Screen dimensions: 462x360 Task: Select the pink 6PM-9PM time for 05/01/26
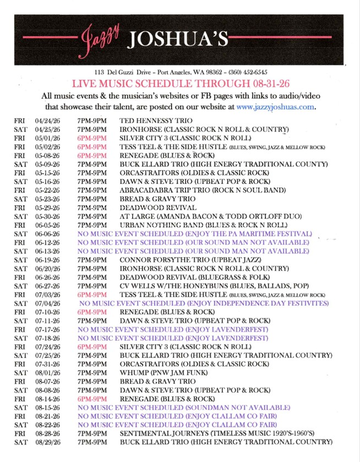[92, 137]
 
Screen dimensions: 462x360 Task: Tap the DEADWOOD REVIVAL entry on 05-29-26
[158, 207]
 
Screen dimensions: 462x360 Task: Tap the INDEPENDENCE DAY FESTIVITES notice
[204, 304]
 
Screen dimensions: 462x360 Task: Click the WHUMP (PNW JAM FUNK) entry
[163, 373]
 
